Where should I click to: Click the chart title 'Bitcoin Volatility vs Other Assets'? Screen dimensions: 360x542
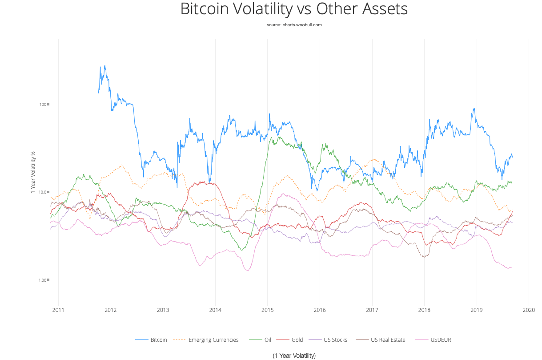coord(294,9)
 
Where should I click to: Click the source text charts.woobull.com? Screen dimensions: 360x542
coord(294,25)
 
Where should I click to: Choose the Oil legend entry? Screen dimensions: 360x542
coord(267,340)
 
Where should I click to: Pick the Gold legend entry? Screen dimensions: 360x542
coord(297,340)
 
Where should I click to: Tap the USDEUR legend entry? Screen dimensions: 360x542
coord(441,340)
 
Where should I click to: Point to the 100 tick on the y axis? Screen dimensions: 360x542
coord(43,105)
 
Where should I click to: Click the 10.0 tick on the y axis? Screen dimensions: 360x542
coord(43,192)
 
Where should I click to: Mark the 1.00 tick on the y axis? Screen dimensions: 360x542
coord(43,280)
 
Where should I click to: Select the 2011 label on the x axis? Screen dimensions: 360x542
coord(58,310)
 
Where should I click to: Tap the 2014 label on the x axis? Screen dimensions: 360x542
coord(215,310)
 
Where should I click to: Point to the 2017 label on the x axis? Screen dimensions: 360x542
coord(372,310)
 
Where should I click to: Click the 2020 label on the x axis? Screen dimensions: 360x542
coord(529,310)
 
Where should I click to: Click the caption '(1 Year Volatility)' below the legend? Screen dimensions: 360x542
coord(294,356)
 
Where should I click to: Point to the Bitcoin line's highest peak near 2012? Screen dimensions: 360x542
coord(105,66)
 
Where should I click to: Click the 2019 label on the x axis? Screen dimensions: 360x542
coord(477,310)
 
